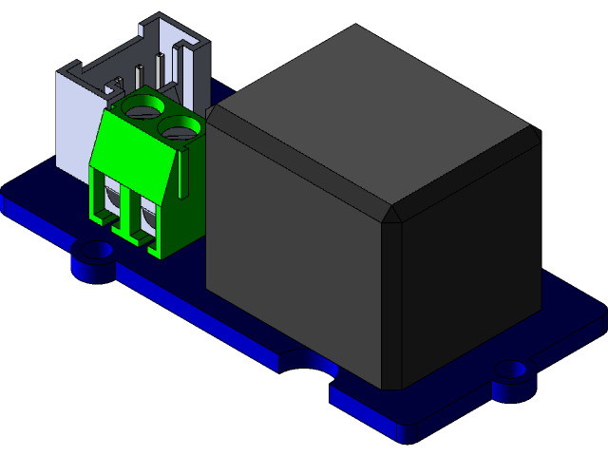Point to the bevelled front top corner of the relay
tap(391, 214)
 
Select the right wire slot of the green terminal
tap(144, 219)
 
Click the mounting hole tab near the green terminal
tap(93, 256)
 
